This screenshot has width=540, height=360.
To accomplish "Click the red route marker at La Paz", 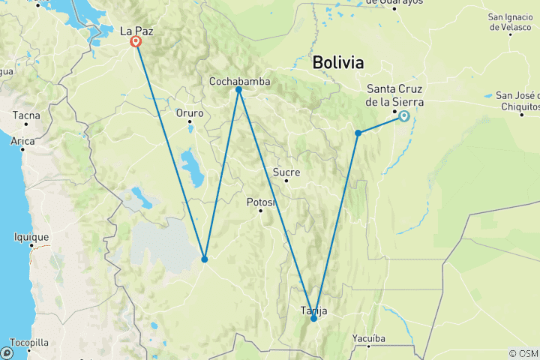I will click(x=136, y=42).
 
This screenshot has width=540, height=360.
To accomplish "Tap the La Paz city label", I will click(x=136, y=31).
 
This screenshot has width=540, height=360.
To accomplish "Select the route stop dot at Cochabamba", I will click(x=238, y=90).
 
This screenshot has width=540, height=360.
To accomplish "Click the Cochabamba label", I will click(x=240, y=81).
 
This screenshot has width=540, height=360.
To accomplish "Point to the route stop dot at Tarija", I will click(x=313, y=319).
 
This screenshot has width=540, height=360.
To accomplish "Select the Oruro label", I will click(x=190, y=113).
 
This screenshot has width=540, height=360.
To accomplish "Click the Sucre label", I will click(x=286, y=172).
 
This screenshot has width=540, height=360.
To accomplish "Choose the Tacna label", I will click(x=25, y=115).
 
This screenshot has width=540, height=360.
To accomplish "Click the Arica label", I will click(x=22, y=140).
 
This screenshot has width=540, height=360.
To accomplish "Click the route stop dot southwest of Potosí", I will click(x=204, y=259).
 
